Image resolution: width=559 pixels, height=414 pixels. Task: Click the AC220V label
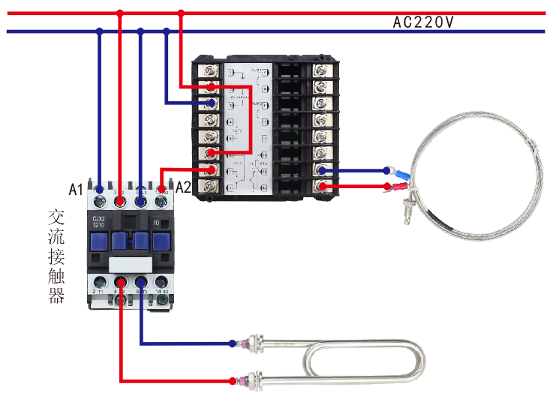point(423,22)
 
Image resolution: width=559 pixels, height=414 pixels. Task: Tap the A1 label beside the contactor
point(75,189)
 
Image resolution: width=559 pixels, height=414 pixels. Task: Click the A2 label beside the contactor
point(184,188)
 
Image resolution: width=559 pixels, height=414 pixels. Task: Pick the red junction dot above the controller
point(180,13)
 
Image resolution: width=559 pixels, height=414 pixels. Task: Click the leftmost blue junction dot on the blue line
point(99,31)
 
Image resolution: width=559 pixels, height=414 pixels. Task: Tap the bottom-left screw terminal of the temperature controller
point(212,187)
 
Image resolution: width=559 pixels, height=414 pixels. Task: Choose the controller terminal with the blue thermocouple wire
point(322,170)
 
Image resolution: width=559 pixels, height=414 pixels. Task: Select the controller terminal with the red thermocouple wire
point(322,187)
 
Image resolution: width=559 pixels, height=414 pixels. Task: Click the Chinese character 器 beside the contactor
point(56,295)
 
